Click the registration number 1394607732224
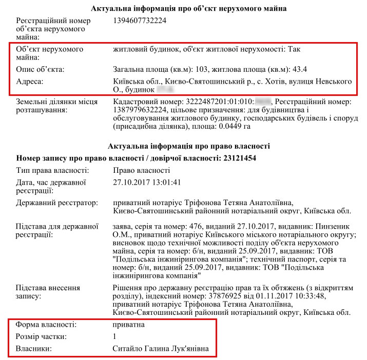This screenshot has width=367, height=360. pos(140,21)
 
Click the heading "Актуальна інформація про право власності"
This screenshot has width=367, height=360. pos(189,147)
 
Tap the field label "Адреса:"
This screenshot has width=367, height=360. pos(30,82)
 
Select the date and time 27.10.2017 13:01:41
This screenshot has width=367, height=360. pos(147,183)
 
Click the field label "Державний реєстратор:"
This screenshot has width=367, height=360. pos(57,203)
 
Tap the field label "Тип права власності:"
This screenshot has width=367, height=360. pos(53,170)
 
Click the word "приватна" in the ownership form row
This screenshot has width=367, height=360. pos(129,325)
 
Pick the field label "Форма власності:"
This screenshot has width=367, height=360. pos(46,325)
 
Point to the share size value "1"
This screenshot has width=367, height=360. pos(114,337)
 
